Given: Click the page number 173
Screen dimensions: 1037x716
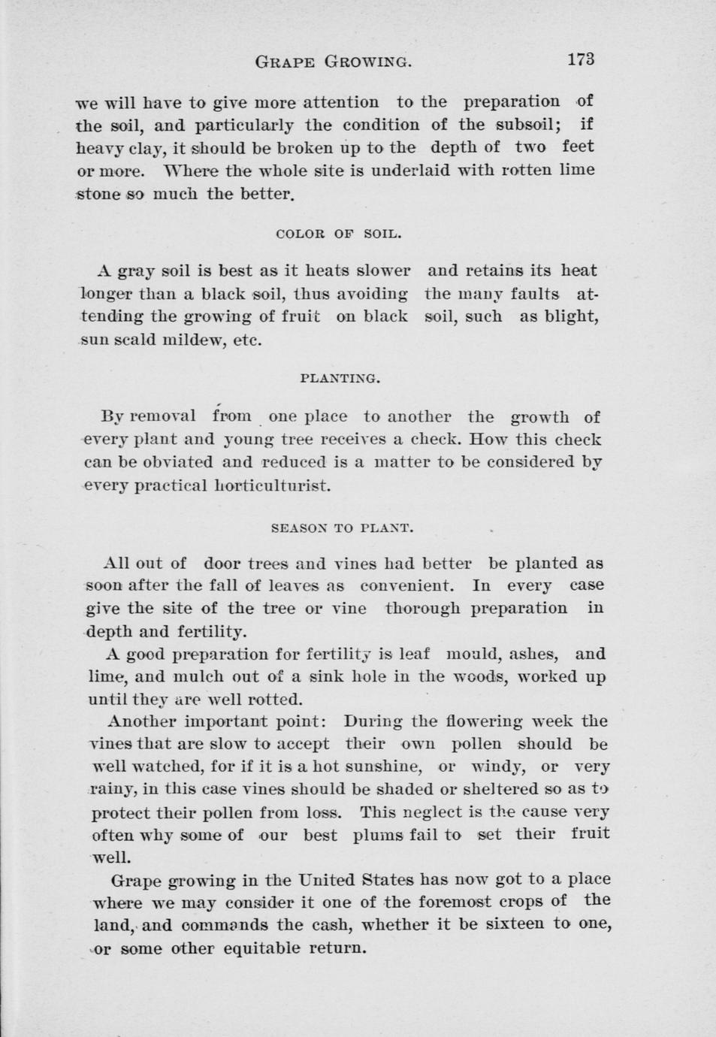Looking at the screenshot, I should click(x=581, y=59).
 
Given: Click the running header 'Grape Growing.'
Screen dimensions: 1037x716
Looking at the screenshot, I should click(x=334, y=61).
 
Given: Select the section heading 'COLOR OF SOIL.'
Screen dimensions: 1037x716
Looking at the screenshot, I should click(x=339, y=234).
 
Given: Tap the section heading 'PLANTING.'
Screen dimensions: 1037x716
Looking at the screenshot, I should click(x=340, y=379).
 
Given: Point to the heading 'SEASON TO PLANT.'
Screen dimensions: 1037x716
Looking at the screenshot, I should click(x=342, y=528).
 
